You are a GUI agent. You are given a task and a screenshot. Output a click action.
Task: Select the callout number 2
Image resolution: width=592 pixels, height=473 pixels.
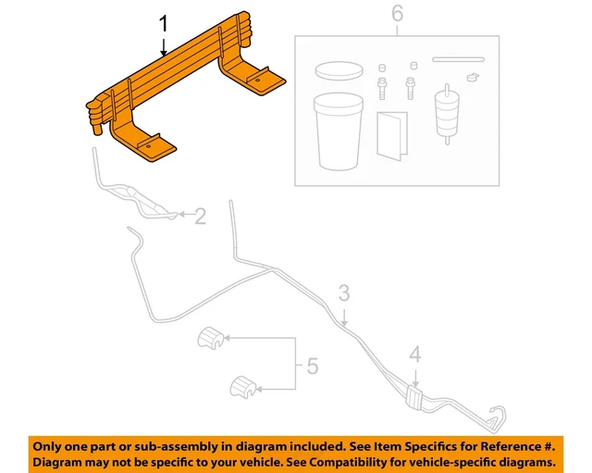[201, 217]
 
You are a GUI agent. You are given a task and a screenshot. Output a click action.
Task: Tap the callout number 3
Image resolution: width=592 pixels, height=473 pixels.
[343, 293]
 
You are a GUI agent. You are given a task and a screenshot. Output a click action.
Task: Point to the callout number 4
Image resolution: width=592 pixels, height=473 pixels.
[415, 353]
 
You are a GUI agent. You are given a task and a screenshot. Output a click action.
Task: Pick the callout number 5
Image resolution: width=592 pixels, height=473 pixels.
[311, 367]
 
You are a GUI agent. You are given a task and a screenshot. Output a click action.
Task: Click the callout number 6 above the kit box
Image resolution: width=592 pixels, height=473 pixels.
[397, 14]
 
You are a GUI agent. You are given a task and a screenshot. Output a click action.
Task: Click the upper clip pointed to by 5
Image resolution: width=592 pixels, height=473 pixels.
[212, 340]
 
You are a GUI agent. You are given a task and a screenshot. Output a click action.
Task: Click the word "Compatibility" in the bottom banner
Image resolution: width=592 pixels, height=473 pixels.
[360, 460]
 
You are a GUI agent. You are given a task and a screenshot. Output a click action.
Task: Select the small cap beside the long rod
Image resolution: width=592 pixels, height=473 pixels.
[474, 77]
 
